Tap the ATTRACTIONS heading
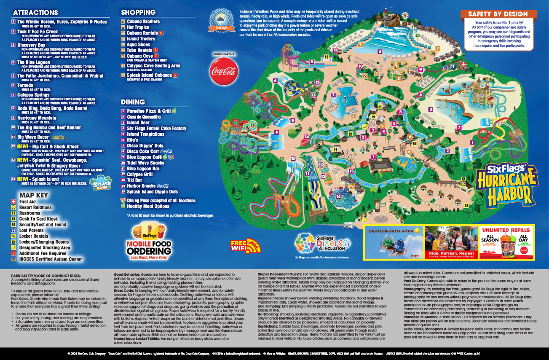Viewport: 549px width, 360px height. [x=35, y=13]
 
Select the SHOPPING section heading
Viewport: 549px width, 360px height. [x=138, y=12]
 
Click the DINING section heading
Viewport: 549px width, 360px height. [x=133, y=102]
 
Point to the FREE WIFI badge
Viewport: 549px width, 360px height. [x=246, y=245]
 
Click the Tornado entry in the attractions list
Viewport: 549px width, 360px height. [x=25, y=85]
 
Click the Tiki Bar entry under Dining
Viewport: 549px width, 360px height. [x=134, y=180]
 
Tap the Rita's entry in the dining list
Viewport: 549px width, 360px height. [x=133, y=140]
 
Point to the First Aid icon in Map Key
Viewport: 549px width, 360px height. [x=14, y=202]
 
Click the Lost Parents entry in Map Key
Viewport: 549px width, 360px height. [x=31, y=231]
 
